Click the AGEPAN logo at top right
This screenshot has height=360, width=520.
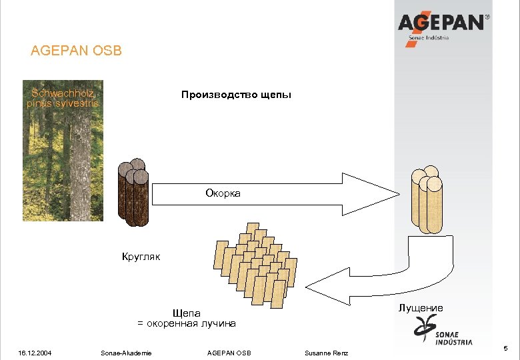(443, 26)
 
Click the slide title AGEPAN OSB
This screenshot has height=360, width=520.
(77, 51)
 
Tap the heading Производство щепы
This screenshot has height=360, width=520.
(236, 95)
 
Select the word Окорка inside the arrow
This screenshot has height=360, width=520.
(223, 193)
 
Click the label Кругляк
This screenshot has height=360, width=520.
(141, 255)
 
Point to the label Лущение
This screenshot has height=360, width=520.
(421, 308)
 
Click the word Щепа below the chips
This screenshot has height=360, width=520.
(186, 313)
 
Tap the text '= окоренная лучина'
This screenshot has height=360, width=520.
(187, 323)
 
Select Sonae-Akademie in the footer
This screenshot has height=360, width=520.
(125, 352)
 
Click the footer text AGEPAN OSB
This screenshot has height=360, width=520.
(229, 352)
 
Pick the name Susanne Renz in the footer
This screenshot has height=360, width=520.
(326, 352)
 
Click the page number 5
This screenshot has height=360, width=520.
(506, 349)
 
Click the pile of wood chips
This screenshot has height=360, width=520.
(255, 263)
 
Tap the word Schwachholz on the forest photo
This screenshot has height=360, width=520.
(62, 93)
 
